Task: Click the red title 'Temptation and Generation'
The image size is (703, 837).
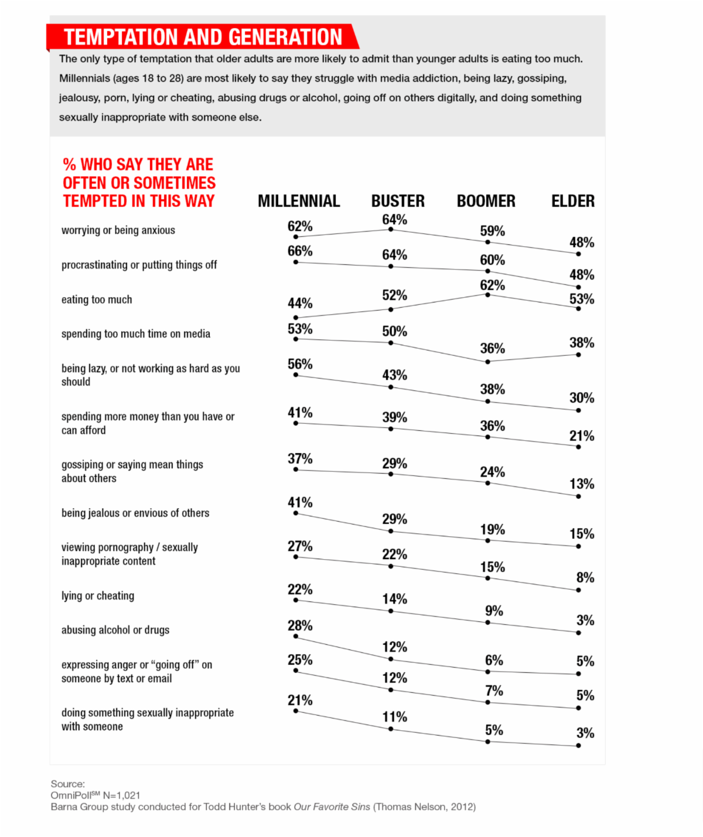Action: (x=203, y=37)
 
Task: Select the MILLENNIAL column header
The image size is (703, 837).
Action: (x=299, y=202)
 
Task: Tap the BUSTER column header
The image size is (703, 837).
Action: (x=398, y=202)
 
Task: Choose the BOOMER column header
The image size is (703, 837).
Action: (x=486, y=202)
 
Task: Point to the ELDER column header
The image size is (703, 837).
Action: (x=572, y=202)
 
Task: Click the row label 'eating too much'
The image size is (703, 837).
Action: (x=97, y=300)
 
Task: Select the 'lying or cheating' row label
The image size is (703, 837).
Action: (x=98, y=596)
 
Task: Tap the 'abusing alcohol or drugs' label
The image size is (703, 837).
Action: (x=115, y=630)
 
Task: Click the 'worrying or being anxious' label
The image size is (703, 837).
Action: (x=118, y=230)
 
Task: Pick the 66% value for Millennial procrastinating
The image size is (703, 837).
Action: (x=300, y=251)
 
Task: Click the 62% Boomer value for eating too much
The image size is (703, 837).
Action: (x=492, y=285)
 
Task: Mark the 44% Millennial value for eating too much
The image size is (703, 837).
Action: (x=300, y=304)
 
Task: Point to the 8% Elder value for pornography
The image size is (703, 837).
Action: (x=585, y=578)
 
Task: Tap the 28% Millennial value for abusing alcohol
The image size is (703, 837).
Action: (x=300, y=626)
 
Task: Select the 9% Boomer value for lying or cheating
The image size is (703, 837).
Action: (x=493, y=611)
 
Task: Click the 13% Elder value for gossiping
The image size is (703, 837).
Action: (x=582, y=484)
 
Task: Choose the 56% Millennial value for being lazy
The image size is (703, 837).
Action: (x=300, y=365)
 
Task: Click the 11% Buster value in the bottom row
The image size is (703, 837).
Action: (x=394, y=717)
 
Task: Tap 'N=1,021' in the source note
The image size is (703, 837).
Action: (x=122, y=795)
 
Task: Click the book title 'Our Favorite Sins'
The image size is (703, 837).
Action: (x=332, y=807)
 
